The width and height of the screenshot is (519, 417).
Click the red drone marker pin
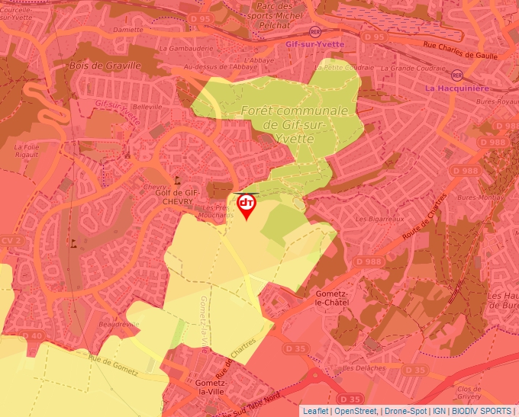coord(247,206)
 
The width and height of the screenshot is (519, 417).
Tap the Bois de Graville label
coord(105,66)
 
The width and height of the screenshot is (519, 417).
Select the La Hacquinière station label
coord(457,88)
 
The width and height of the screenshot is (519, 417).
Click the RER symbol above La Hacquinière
coord(457,75)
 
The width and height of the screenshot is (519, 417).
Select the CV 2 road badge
coord(10,240)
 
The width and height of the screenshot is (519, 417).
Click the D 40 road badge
coord(33,335)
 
